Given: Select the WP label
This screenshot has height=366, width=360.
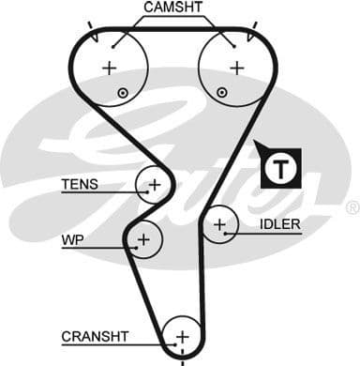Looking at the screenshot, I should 72,240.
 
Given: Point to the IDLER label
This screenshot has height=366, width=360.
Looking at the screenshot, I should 280,224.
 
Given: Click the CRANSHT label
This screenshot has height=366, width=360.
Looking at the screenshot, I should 96,335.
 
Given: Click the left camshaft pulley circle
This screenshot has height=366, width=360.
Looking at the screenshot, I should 111,67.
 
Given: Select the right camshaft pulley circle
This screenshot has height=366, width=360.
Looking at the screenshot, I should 236,67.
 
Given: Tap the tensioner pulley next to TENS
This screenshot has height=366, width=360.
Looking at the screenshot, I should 154,184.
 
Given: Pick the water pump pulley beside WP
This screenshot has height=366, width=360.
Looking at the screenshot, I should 143,241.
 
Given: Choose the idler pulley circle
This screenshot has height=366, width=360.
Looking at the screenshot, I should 220,225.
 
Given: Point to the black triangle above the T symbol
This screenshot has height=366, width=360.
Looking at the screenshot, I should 261,147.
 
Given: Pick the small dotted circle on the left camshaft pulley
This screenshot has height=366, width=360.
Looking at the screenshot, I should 123,92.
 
